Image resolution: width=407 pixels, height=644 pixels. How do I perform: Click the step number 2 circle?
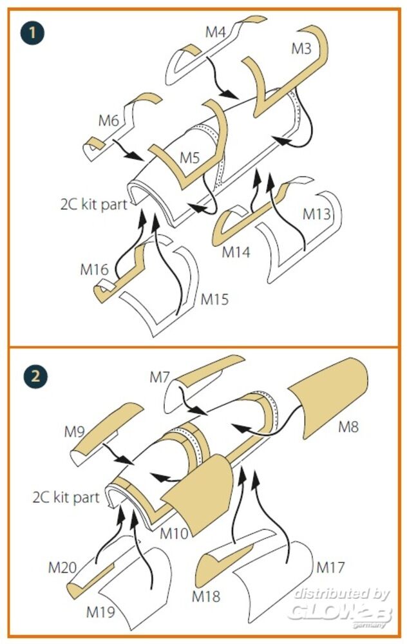pyautogui.click(x=30, y=377)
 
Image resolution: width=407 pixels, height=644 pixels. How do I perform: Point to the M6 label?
pyautogui.click(x=109, y=120)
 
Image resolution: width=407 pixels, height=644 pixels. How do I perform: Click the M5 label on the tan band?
pyautogui.click(x=189, y=158)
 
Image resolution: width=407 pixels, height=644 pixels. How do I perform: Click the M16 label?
pyautogui.click(x=94, y=269)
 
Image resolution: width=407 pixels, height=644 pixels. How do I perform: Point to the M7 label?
pyautogui.click(x=160, y=377)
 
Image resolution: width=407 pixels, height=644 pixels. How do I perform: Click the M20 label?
pyautogui.click(x=62, y=567)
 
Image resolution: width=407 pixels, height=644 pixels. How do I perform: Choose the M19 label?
pyautogui.click(x=100, y=609)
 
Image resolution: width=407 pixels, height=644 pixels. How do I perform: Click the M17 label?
pyautogui.click(x=331, y=567)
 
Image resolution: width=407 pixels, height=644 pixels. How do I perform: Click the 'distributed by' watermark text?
pyautogui.click(x=339, y=594)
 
